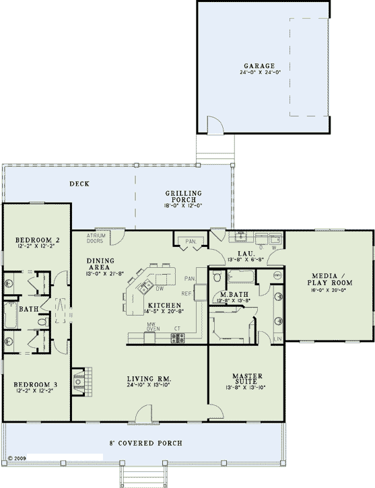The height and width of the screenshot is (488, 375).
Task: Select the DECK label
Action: (80, 184)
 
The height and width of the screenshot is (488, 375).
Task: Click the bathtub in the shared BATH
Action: (11, 314)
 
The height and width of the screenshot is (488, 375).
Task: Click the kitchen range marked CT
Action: (178, 338)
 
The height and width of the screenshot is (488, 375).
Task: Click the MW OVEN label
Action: (153, 328)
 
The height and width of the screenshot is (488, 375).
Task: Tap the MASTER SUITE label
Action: (246, 378)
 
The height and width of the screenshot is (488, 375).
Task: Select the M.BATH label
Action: (232, 295)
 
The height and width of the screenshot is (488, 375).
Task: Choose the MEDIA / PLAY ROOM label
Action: (329, 279)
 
